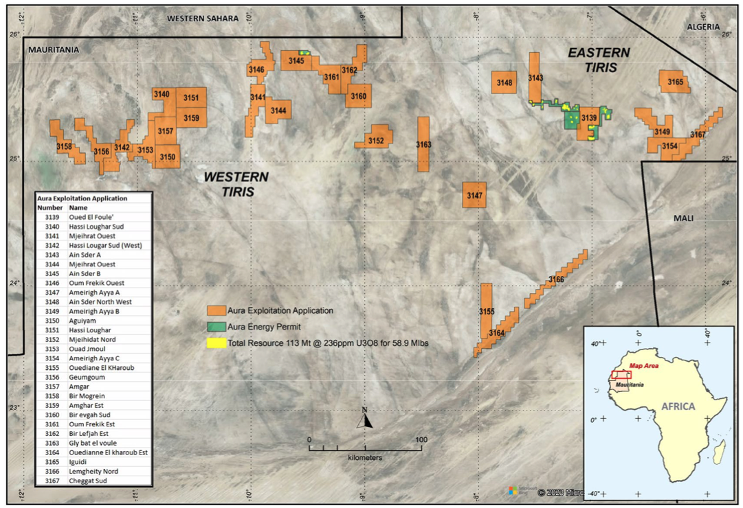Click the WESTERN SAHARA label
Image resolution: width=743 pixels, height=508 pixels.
click(202, 19)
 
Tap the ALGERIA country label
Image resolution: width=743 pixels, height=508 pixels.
click(703, 27)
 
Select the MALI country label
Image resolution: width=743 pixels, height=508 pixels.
click(683, 218)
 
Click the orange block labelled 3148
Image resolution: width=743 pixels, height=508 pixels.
click(504, 83)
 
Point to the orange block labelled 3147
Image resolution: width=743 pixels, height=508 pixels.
click(474, 195)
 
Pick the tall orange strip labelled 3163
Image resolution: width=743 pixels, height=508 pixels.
click(423, 144)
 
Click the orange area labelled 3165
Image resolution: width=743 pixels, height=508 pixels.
click(675, 82)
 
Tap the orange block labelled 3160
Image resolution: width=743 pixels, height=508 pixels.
click(358, 96)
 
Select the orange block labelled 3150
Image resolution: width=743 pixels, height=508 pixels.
click(168, 157)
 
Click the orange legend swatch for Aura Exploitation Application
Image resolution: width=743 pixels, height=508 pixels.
click(217, 310)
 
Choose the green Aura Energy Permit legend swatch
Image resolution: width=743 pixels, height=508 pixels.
click(217, 327)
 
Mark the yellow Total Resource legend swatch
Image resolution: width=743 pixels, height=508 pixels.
click(217, 343)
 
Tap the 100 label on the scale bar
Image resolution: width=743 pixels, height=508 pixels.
click(421, 439)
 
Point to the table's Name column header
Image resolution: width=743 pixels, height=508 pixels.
click(78, 207)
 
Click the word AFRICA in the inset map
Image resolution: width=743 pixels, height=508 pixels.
click(678, 406)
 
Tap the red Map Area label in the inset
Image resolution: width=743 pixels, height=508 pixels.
click(645, 367)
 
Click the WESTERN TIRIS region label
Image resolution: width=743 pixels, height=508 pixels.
click(235, 184)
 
